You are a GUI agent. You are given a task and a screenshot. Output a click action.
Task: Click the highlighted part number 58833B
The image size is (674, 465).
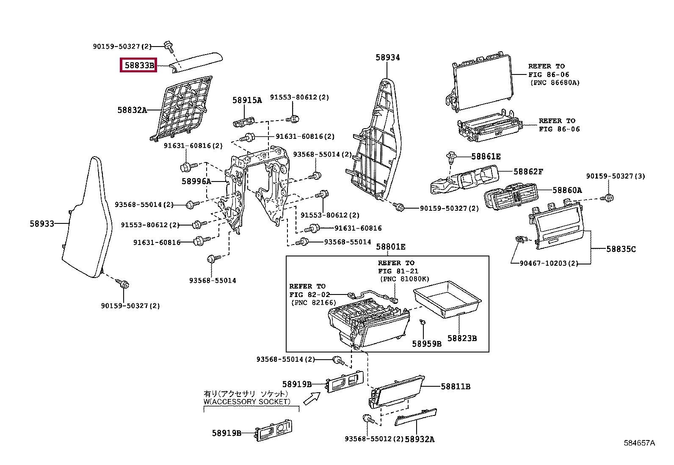[139, 65]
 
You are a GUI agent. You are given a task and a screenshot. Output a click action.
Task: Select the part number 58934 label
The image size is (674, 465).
[387, 58]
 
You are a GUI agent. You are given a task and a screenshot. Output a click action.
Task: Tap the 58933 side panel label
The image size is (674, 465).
[42, 223]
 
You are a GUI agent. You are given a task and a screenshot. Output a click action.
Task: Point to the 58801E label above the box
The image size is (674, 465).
[390, 247]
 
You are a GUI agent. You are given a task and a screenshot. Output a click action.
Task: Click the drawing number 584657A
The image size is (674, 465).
[639, 443]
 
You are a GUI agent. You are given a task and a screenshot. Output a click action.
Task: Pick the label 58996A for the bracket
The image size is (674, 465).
[196, 181]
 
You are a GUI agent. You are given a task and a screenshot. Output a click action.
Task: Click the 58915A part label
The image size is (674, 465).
[247, 100]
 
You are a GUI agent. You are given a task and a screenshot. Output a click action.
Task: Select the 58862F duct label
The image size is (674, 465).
[528, 171]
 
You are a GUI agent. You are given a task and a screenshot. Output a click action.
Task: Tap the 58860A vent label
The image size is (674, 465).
[567, 190]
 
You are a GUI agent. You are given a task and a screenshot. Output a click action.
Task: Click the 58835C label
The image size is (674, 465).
[621, 249]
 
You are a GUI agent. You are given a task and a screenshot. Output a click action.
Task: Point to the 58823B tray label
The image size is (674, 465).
[462, 338]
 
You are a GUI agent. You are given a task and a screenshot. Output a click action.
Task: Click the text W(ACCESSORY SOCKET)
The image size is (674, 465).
[247, 402]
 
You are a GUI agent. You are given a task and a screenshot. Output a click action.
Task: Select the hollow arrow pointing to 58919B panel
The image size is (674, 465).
[312, 398]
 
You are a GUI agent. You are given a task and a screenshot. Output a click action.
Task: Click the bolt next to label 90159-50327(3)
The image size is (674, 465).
[609, 197]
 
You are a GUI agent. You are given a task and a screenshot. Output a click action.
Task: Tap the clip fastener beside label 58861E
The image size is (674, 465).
[451, 157]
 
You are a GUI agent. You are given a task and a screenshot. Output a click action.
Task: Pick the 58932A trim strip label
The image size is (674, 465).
[419, 439]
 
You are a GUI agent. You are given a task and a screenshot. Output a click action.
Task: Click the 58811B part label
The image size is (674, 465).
[455, 386]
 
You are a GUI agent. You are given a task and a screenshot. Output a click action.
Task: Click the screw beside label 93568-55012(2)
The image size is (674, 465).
[367, 418]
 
